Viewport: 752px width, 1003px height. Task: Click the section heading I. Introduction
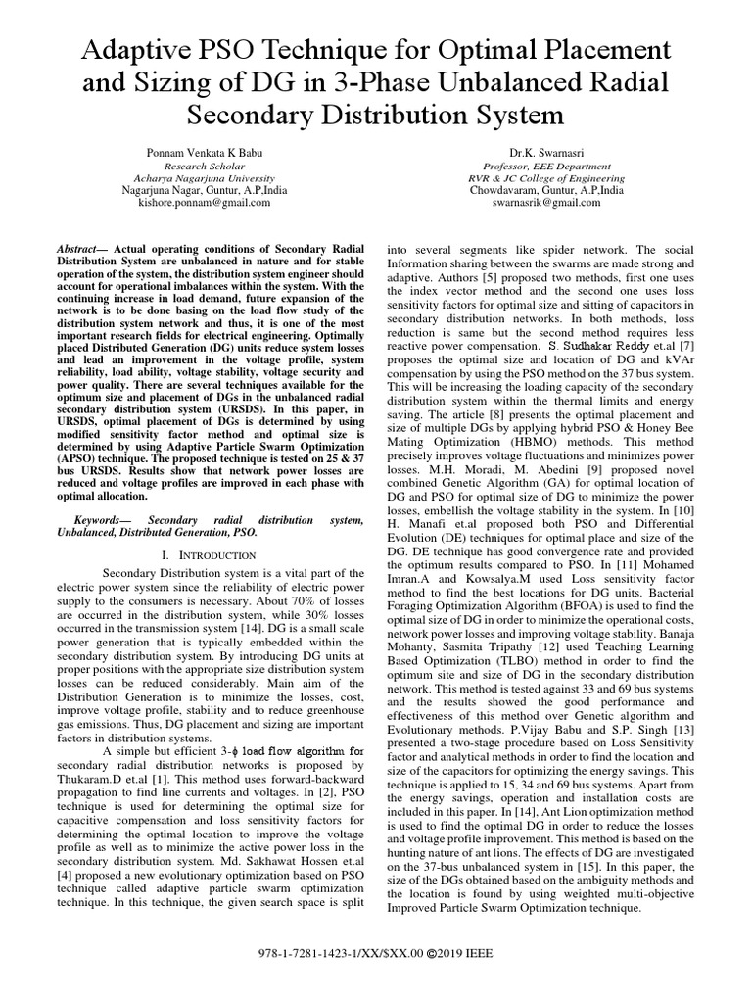208,555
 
